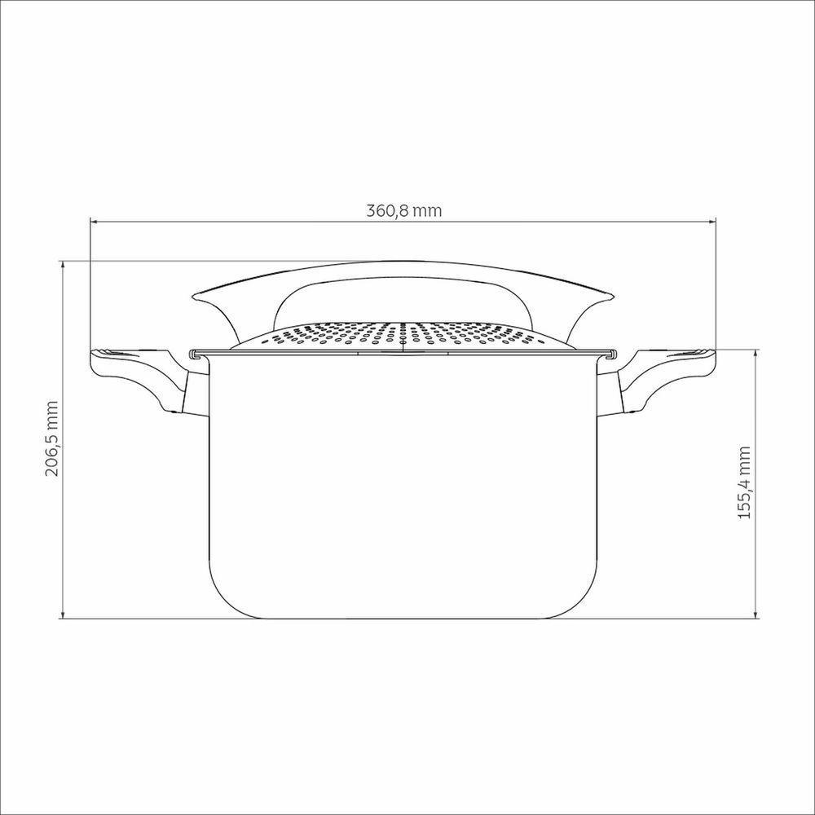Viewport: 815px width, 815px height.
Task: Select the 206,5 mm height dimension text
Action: pos(53,438)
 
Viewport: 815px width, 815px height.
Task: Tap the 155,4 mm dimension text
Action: pos(743,484)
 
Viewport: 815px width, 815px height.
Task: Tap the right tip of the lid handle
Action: pos(609,297)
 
